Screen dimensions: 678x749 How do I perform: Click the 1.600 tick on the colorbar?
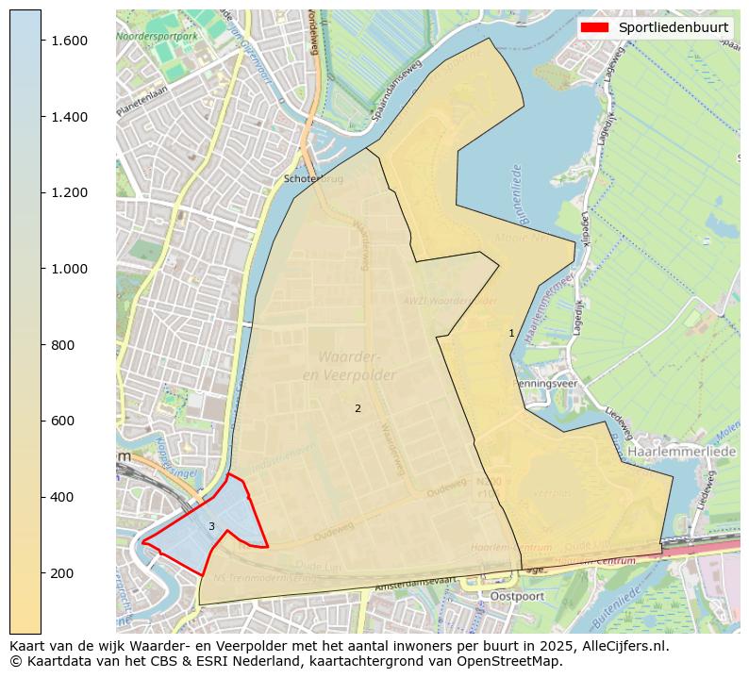click(70, 41)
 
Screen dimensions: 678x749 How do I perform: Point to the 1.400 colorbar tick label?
click(70, 117)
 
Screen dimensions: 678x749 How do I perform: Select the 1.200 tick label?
click(70, 192)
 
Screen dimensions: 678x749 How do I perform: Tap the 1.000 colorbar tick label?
click(70, 269)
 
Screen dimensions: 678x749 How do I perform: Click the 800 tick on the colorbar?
click(64, 345)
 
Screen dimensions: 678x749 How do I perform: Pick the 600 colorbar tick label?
click(64, 421)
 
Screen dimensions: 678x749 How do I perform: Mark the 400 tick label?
click(64, 497)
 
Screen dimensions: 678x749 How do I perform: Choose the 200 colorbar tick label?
click(64, 573)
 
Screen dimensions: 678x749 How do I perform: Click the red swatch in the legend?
click(596, 27)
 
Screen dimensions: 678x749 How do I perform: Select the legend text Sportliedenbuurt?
click(674, 27)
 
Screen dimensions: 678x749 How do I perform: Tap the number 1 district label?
click(511, 333)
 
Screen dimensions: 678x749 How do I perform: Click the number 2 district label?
click(358, 408)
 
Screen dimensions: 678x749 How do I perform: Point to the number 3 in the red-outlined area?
click(211, 526)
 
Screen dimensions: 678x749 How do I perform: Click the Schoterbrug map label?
click(313, 178)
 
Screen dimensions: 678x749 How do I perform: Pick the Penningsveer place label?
click(544, 385)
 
